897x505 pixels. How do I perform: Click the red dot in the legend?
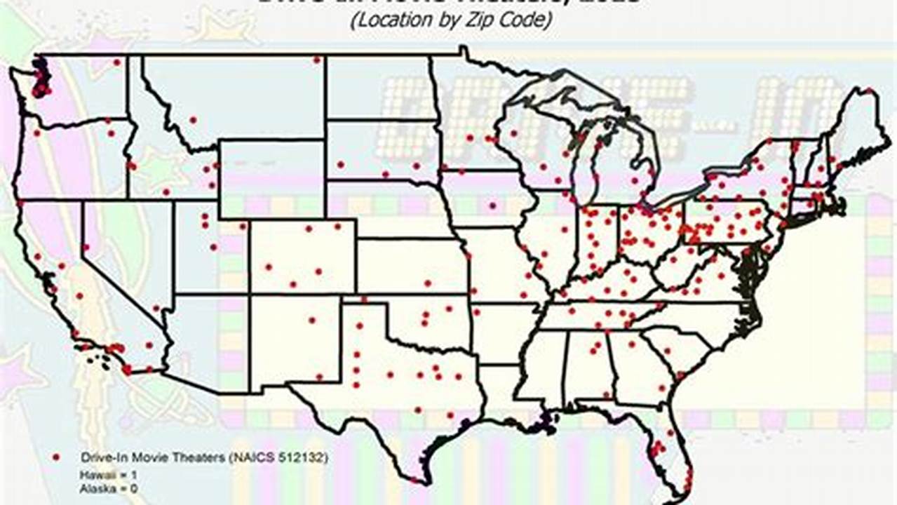click(x=56, y=457)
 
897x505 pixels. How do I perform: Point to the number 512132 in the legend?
click(x=299, y=457)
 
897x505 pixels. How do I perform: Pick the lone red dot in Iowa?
click(x=492, y=206)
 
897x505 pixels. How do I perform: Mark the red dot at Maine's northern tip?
click(x=869, y=90)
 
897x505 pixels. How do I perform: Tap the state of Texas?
click(x=393, y=379)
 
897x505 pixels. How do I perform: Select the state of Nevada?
click(x=126, y=260)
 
